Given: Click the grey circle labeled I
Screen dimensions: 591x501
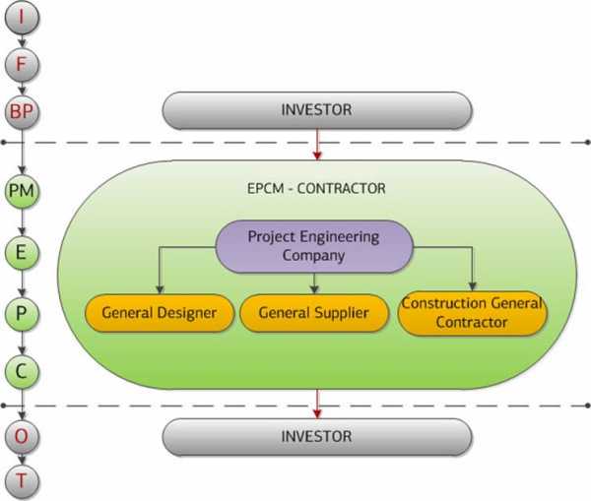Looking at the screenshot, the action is click(22, 18).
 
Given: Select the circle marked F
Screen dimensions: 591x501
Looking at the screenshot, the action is click(22, 64).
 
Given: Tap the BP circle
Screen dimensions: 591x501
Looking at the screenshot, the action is click(22, 112).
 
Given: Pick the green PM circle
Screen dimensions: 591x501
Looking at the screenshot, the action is click(22, 191).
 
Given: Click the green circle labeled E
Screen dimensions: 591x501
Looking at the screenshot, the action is click(22, 252).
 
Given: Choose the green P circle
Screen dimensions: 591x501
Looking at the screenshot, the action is click(22, 314).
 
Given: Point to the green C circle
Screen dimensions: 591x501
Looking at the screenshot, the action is click(22, 372).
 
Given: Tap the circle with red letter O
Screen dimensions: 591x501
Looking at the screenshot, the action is click(22, 437).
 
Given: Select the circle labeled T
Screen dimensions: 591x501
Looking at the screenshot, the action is click(22, 481).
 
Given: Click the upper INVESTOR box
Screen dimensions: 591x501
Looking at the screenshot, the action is click(317, 110).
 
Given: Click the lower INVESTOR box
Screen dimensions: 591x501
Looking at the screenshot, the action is click(317, 437).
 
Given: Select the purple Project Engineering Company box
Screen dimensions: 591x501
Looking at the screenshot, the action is click(314, 246).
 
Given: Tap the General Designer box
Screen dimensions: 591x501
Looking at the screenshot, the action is click(160, 313).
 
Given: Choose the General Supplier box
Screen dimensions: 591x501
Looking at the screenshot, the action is click(314, 313).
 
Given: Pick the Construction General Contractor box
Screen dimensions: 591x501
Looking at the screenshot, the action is click(472, 313).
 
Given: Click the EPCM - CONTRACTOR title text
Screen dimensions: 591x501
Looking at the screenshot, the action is click(316, 188).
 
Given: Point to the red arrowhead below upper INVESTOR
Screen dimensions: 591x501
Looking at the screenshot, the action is click(317, 156).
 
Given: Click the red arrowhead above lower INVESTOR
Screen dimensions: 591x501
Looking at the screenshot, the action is click(317, 414).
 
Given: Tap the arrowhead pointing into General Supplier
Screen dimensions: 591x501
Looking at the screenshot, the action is click(314, 289).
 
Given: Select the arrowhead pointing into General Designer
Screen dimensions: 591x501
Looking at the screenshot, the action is click(160, 289).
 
